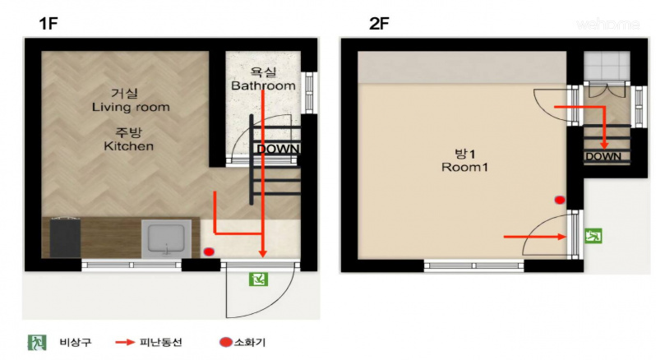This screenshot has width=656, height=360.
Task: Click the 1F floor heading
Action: [x=49, y=23]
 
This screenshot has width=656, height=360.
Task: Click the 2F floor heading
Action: [x=379, y=23]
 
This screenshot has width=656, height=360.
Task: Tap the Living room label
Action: [x=131, y=107]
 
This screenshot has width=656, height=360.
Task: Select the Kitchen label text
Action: [x=128, y=146]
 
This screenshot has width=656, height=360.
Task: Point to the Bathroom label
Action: [x=263, y=85]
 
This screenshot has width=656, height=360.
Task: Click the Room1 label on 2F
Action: [x=464, y=167]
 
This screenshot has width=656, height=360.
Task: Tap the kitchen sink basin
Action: [x=167, y=238]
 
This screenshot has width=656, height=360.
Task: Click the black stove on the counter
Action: [x=65, y=238]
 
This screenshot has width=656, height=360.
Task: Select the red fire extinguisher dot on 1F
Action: [x=208, y=252]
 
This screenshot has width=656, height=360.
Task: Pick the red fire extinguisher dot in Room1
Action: [x=560, y=200]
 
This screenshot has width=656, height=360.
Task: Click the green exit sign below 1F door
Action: [x=258, y=279]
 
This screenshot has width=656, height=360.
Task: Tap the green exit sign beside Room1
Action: [x=594, y=236]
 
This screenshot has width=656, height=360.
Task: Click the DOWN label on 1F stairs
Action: [x=278, y=149]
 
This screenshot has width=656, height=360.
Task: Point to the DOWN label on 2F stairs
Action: [x=603, y=157]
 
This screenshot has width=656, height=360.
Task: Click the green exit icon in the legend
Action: [x=37, y=343]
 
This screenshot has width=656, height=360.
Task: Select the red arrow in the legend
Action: [x=125, y=343]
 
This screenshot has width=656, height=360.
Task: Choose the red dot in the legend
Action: [x=226, y=343]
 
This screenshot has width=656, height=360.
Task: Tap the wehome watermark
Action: [x=607, y=25]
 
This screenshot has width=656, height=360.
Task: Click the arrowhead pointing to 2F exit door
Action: [x=562, y=237]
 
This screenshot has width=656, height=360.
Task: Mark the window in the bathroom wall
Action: [x=309, y=92]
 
